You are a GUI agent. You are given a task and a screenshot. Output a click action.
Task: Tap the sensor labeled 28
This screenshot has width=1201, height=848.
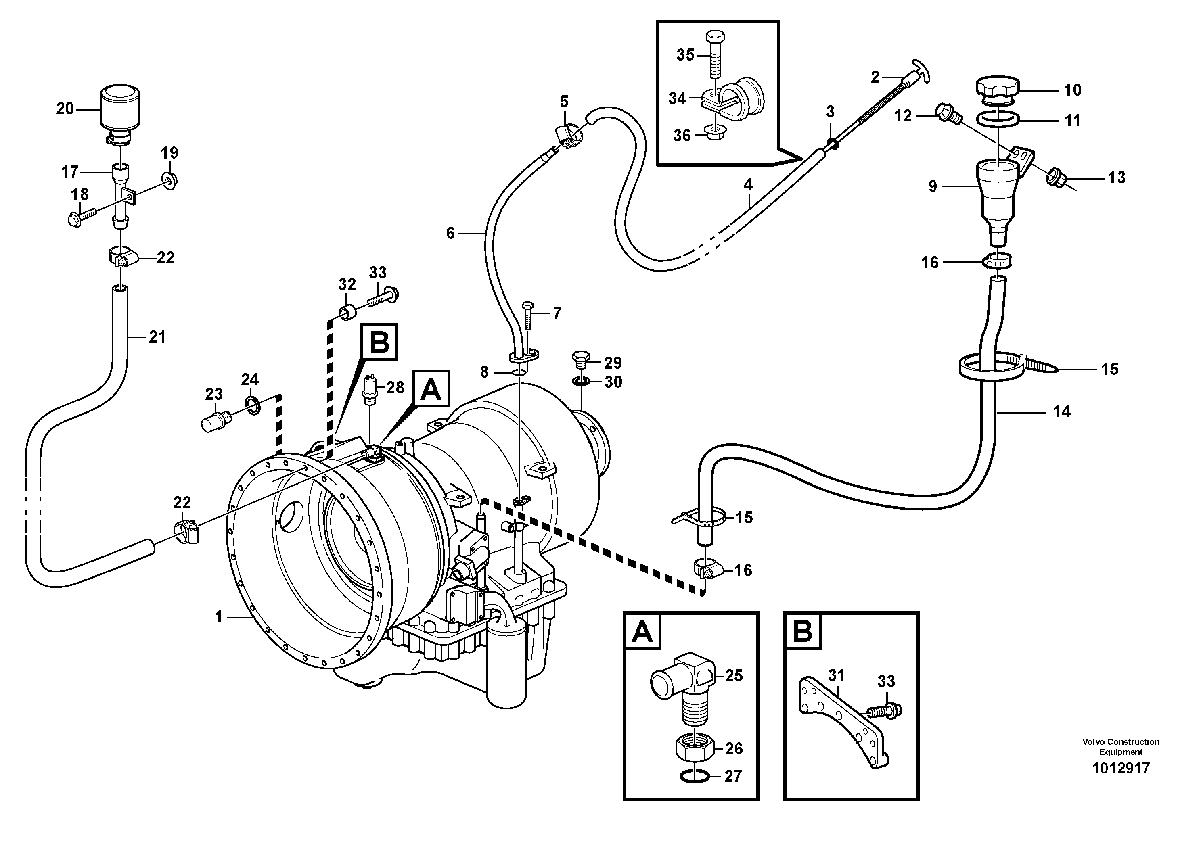[x=372, y=388]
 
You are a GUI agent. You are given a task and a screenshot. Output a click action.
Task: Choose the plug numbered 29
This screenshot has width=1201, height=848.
[x=582, y=359]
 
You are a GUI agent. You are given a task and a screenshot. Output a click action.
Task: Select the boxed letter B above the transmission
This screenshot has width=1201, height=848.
[x=379, y=343]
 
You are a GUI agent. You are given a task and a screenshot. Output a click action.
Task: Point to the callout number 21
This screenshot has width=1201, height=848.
[x=157, y=337]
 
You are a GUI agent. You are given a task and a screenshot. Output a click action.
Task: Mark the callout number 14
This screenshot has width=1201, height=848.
[x=1061, y=412]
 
